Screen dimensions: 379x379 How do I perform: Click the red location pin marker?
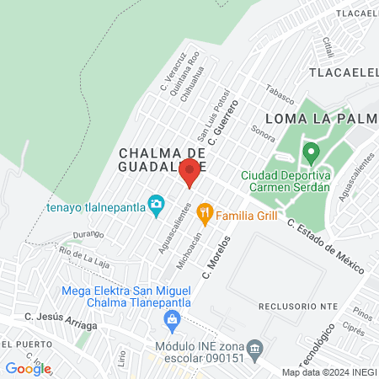tap(190, 173)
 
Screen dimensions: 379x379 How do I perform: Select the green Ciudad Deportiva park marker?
tap(311, 153)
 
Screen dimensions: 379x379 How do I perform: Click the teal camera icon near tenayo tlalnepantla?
tap(156, 204)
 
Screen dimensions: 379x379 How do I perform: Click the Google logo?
tap(28, 368)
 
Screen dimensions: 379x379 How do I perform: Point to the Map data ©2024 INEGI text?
tap(329, 371)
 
